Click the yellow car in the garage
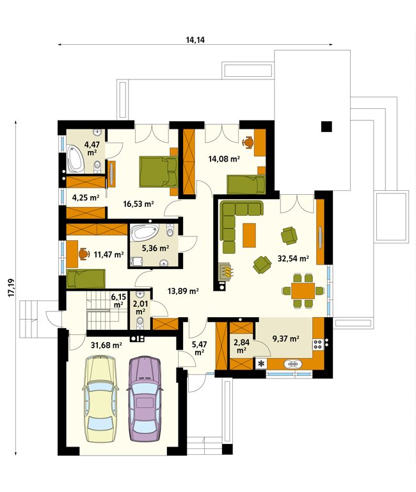click(100, 399)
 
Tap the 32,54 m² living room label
click(293, 259)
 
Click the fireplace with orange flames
click(226, 270)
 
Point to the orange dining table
click(303, 291)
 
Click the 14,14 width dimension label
click(195, 40)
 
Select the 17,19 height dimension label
click(12, 288)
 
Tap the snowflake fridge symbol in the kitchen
click(262, 364)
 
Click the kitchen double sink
click(293, 364)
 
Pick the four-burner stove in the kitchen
click(318, 344)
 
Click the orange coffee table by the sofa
click(249, 235)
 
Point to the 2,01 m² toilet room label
click(140, 307)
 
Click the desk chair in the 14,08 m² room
click(248, 142)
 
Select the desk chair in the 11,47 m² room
click(84, 254)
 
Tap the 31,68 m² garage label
click(106, 345)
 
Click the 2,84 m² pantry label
click(241, 345)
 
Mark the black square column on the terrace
click(326, 126)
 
